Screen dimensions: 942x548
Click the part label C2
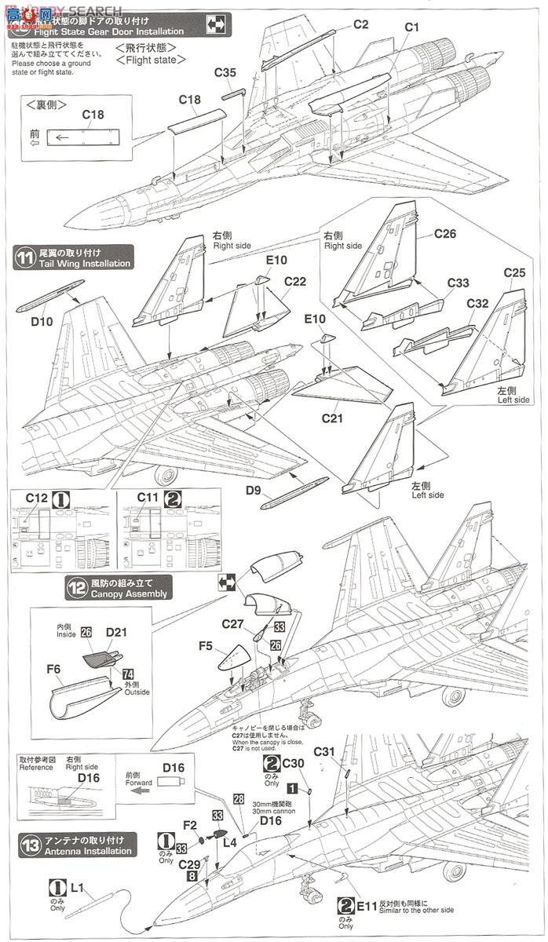[360, 24]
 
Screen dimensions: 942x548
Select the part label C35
[225, 73]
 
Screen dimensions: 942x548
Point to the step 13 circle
[31, 845]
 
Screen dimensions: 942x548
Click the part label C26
[444, 233]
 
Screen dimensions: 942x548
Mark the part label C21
[333, 418]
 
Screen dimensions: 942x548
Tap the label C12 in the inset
[37, 498]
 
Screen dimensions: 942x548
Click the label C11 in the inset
[148, 498]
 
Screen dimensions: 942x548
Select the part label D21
[116, 630]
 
